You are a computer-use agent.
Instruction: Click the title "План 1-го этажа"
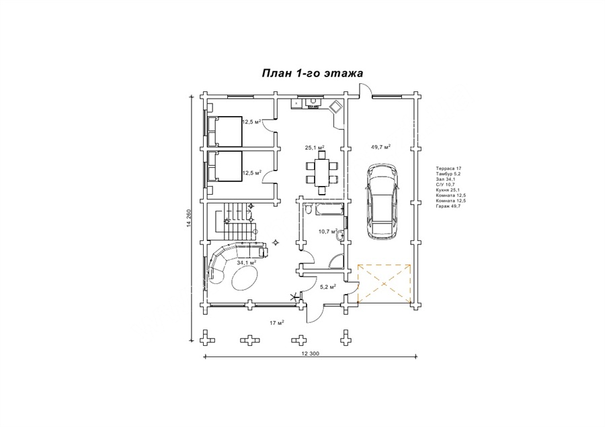coord(313,73)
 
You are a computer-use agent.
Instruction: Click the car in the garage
coord(382,201)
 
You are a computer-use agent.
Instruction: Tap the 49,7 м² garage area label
coord(381,147)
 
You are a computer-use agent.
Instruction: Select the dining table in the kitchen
coord(322,173)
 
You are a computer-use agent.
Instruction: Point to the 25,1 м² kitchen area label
coord(315,147)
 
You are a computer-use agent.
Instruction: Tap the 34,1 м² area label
coord(247,263)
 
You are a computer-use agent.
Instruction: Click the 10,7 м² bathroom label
coord(328,232)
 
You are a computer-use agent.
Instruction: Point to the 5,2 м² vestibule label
coord(328,286)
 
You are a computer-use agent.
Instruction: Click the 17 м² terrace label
coord(277,323)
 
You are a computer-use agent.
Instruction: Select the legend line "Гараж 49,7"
coord(448,206)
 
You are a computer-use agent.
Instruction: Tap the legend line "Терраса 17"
coord(448,169)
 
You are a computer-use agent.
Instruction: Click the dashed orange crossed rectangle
coord(384,283)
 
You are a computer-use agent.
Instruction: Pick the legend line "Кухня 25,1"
coord(448,190)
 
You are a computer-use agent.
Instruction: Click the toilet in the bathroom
coord(307,209)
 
